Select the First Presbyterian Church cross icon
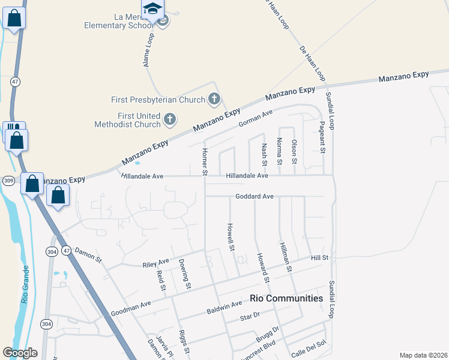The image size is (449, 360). pyautogui.click(x=214, y=99)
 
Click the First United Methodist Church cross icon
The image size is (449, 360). pyautogui.click(x=169, y=119)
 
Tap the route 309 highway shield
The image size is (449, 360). pyautogui.click(x=8, y=180)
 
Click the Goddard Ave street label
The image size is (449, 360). pyautogui.click(x=254, y=196)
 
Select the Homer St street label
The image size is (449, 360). pyautogui.click(x=205, y=162)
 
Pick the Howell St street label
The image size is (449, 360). pyautogui.click(x=230, y=236)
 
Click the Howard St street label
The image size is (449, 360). pyautogui.click(x=262, y=268)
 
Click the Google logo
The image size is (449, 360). pyautogui.click(x=20, y=353)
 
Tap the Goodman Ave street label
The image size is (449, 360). pyautogui.click(x=131, y=308)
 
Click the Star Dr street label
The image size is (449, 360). pyautogui.click(x=249, y=316)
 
